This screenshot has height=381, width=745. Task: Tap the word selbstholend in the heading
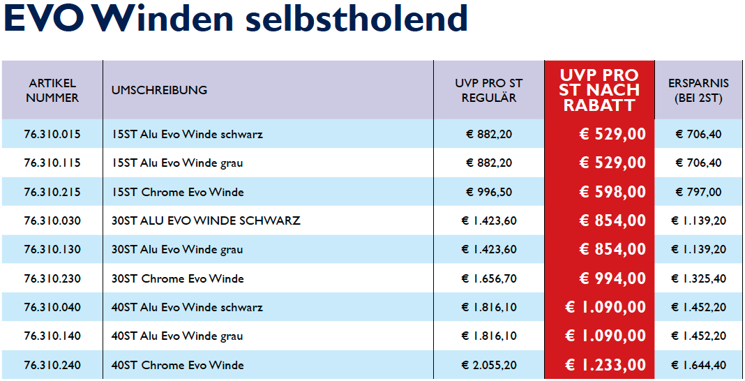coord(356,19)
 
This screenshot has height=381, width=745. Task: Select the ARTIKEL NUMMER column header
coord(52,91)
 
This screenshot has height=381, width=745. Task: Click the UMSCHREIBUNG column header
coord(159,90)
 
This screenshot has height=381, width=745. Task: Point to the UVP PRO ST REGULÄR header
coord(488,91)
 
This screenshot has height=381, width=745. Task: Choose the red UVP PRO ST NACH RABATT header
coord(600,90)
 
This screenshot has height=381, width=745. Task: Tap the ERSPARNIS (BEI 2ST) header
coord(698,91)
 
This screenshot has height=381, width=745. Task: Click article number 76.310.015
coord(52,134)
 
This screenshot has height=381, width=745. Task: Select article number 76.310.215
coord(52,192)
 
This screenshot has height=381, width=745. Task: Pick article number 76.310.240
coord(52,365)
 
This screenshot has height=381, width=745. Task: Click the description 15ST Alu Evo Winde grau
coord(177,163)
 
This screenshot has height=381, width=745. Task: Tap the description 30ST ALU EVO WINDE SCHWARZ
coord(206,221)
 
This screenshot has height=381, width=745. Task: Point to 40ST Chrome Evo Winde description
coord(178,365)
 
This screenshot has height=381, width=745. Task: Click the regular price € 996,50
coord(488,192)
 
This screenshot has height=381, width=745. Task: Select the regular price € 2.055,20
coord(489,365)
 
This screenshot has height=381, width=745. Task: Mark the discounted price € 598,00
coord(612,192)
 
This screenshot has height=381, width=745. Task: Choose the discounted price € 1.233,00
coord(605,365)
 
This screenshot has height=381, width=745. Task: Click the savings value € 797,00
coord(698,192)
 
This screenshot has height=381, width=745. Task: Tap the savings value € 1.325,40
coord(698,278)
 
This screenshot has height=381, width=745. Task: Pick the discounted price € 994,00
coord(612,278)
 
